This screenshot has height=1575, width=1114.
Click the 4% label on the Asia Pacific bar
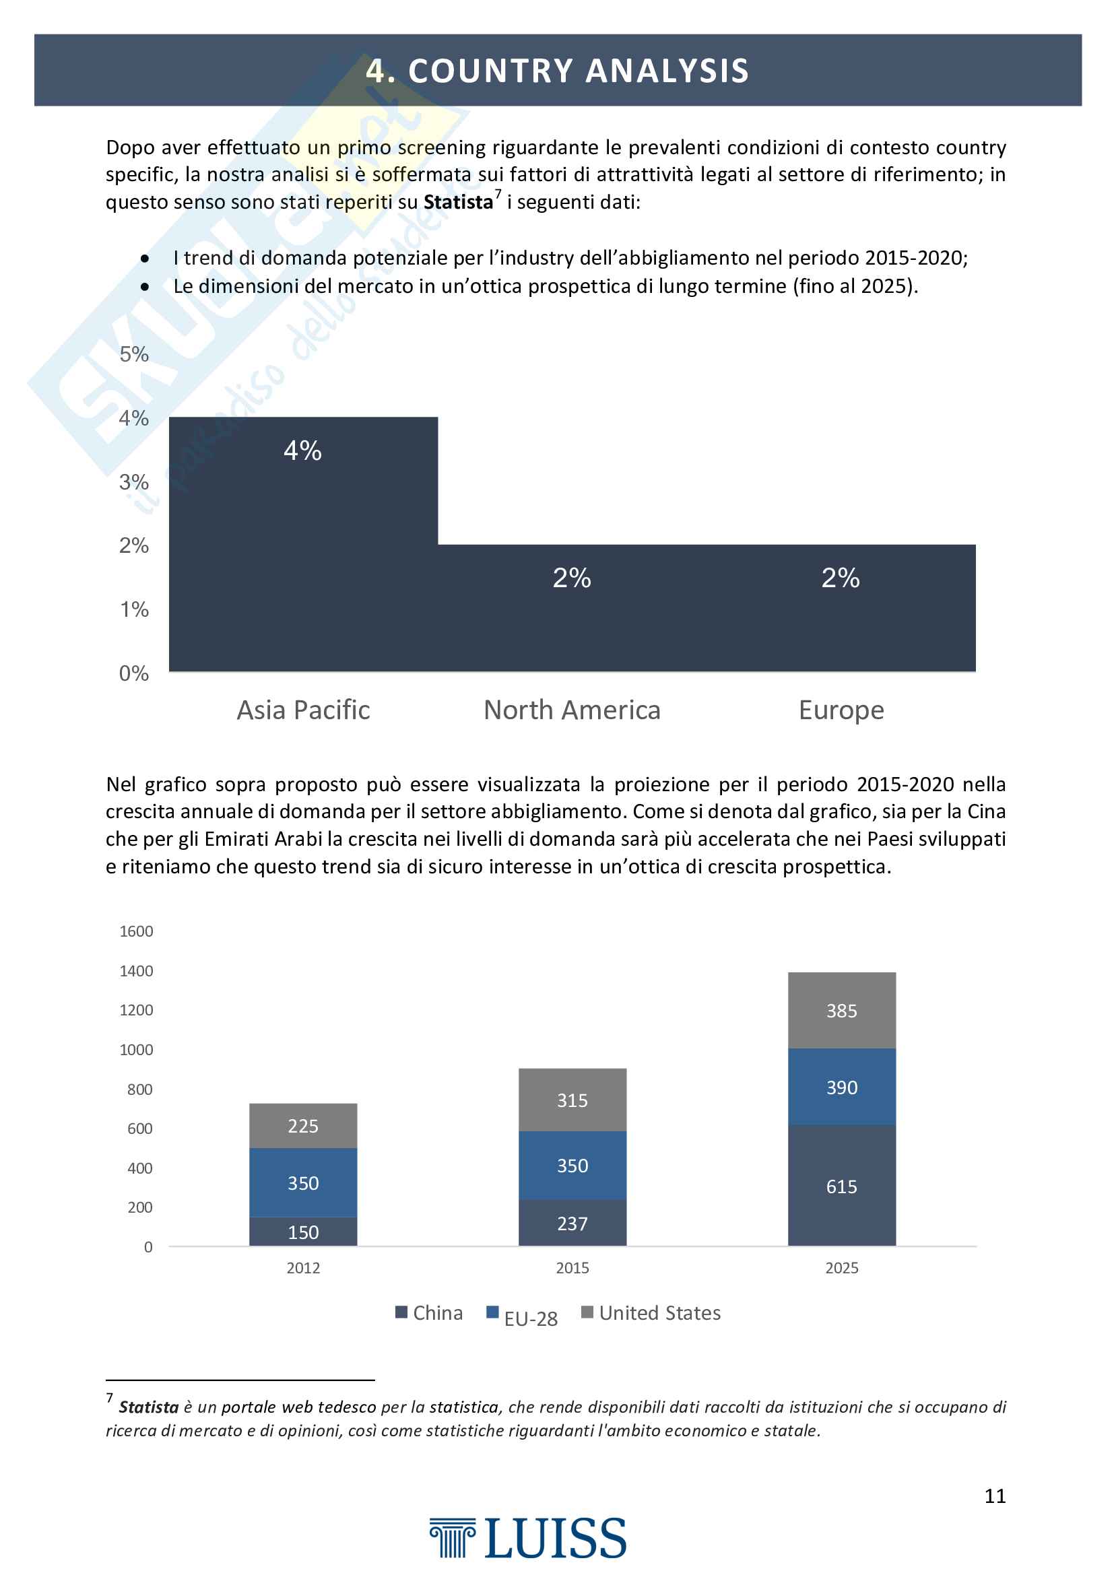point(302,450)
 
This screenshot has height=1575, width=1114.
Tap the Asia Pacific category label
point(303,710)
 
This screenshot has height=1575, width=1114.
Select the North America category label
point(572,710)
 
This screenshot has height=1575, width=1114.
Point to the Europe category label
point(841,710)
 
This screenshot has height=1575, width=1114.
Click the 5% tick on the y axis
point(134,354)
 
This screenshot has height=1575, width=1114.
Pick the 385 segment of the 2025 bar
point(842,1011)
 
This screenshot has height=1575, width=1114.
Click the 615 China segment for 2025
point(842,1186)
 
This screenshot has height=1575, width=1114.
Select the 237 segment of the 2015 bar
point(572,1224)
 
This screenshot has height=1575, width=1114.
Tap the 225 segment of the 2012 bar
point(303,1126)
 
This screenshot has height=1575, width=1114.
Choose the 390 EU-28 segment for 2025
point(842,1087)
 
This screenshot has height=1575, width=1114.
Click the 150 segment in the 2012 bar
point(303,1232)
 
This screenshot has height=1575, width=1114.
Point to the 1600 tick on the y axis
point(137,931)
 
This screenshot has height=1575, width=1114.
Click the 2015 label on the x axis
point(572,1268)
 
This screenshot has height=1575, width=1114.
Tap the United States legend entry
point(651,1313)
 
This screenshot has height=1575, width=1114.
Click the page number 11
point(995,1496)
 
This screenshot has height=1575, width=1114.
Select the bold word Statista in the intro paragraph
point(458,203)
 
